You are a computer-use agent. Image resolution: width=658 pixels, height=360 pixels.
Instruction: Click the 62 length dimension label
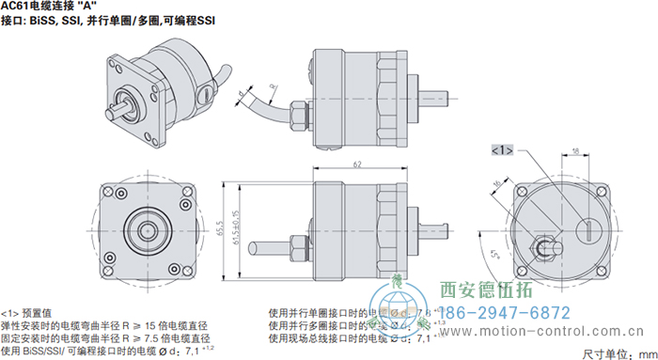[x=357, y=164]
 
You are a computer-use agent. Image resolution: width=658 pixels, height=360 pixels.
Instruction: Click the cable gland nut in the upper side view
[x=300, y=112]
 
